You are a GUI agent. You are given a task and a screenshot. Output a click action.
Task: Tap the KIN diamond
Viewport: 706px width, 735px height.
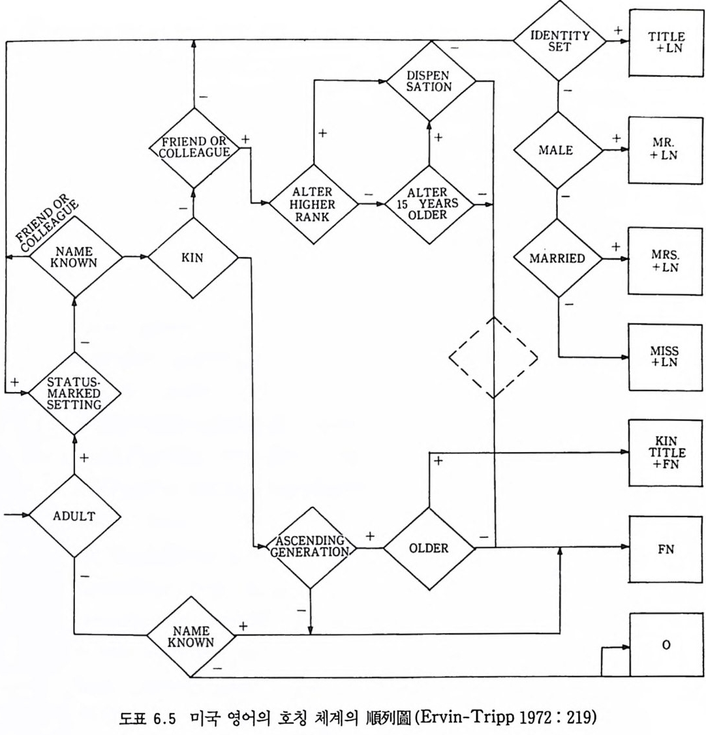pyautogui.click(x=193, y=258)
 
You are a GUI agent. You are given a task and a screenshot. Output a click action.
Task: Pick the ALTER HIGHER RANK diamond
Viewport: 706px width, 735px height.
pyautogui.click(x=315, y=204)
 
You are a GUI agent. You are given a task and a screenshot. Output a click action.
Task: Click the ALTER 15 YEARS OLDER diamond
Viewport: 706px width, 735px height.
pyautogui.click(x=429, y=204)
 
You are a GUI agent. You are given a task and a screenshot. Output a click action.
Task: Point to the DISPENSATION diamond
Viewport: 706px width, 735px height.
pyautogui.click(x=429, y=81)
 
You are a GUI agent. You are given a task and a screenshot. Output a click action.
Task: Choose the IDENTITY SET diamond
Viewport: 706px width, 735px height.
pyautogui.click(x=559, y=40)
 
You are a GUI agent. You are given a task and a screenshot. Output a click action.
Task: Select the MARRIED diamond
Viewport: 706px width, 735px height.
pyautogui.click(x=559, y=258)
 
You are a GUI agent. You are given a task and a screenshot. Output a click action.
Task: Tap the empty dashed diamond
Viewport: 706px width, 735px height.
pyautogui.click(x=493, y=357)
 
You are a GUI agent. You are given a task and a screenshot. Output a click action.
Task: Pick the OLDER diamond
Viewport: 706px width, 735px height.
pyautogui.click(x=429, y=548)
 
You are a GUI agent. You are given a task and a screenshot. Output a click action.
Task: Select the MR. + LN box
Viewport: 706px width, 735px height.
pyautogui.click(x=666, y=149)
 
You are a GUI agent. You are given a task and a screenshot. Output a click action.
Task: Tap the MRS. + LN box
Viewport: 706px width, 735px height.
pyautogui.click(x=666, y=258)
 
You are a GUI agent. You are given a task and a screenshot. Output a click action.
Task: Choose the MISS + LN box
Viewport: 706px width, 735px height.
pyautogui.click(x=666, y=357)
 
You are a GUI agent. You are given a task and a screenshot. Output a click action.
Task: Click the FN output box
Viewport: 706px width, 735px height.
pyautogui.click(x=666, y=548)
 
